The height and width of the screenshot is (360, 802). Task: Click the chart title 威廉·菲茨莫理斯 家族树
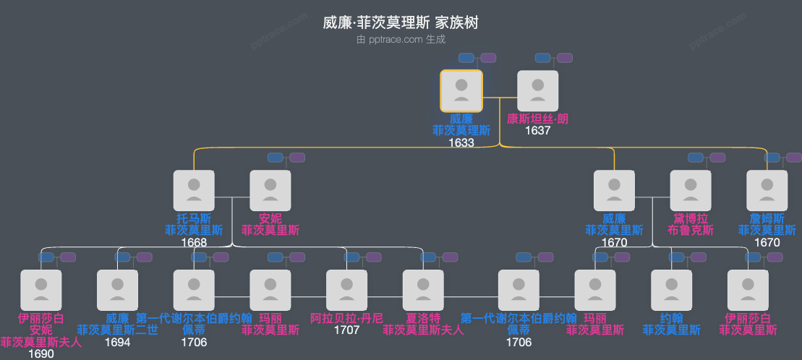click(x=401, y=23)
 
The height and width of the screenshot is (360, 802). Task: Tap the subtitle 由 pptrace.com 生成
click(x=401, y=40)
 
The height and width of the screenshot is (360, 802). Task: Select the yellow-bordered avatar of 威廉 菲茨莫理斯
click(x=461, y=91)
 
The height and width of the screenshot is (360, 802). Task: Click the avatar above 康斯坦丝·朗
click(x=537, y=91)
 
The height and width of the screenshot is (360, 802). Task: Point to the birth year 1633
click(x=461, y=142)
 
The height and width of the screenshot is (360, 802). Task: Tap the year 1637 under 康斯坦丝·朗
click(x=537, y=131)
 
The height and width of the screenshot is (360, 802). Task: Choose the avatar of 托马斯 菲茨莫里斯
click(x=194, y=191)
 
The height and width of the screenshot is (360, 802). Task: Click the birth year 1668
click(x=194, y=242)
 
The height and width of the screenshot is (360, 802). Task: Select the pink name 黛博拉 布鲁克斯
click(x=691, y=224)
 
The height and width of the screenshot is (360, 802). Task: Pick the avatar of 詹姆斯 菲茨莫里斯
click(x=767, y=191)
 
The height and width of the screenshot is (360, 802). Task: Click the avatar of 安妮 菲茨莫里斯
click(x=270, y=191)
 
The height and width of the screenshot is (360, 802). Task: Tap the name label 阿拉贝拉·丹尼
click(x=346, y=318)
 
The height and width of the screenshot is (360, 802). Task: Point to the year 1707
click(x=346, y=330)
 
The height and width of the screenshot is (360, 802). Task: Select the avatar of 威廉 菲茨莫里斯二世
click(x=117, y=291)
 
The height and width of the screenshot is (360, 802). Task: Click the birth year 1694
click(x=117, y=342)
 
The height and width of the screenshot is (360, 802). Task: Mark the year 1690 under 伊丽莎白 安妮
click(x=40, y=354)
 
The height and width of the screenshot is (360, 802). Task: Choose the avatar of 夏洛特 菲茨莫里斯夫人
click(x=423, y=291)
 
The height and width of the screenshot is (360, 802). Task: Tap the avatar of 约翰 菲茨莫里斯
click(x=671, y=291)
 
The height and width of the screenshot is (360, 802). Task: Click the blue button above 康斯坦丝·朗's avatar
click(x=543, y=58)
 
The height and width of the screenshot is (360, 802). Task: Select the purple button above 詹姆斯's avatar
click(x=793, y=158)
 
